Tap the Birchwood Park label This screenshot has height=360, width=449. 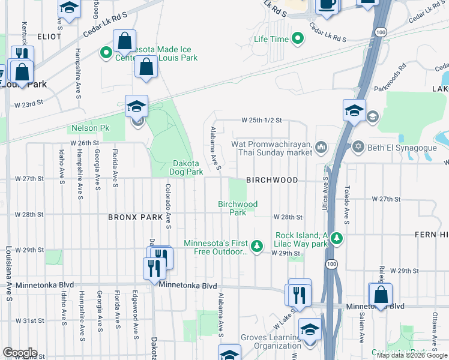238,208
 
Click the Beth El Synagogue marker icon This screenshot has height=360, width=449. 359,146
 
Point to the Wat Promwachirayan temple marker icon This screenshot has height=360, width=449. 322,146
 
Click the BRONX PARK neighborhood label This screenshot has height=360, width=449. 134,216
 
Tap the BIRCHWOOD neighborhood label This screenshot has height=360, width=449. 272,180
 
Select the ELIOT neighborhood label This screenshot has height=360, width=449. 49,37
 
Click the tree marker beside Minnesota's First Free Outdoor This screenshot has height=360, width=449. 257,246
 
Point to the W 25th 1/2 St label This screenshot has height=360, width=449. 261,120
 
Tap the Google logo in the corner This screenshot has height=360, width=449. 20,352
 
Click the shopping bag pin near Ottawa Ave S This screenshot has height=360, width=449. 380,295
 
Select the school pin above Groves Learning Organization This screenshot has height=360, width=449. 310,330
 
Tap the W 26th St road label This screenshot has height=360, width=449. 83,143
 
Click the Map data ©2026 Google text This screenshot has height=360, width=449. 411,355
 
